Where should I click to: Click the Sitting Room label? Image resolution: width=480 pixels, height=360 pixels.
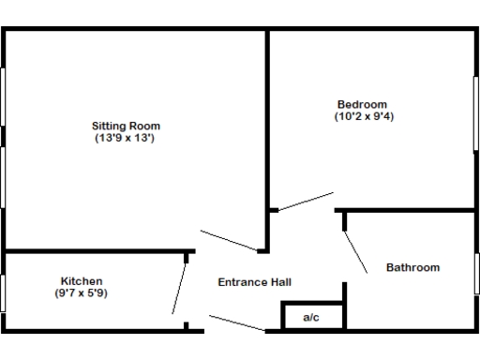pos(126,126)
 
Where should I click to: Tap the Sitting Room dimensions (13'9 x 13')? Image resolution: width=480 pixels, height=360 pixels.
pos(126,138)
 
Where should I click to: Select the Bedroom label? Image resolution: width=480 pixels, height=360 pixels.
pos(362,104)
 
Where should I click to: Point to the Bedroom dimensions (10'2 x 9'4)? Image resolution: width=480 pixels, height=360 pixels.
pos(362,116)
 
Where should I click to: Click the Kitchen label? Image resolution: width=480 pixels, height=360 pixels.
pos(82,281)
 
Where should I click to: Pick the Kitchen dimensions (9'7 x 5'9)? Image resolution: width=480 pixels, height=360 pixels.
pos(82,293)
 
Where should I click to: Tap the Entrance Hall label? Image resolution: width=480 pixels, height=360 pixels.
pos(254,282)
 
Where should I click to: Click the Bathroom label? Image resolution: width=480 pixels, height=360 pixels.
pos(412,268)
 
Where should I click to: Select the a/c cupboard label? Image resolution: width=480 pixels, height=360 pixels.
pos(311,318)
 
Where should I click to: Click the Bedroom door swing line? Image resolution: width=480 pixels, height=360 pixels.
pos(306,202)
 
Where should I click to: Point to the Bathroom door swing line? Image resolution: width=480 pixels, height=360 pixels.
pos(356,250)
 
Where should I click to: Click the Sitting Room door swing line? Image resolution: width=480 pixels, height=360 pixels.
pos(229,240)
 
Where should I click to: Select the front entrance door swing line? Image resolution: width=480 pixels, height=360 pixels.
pos(236,322)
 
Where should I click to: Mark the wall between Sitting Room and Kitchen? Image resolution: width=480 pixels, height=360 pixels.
pos(94,250)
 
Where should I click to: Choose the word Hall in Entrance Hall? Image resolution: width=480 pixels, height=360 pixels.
pos(280,282)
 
